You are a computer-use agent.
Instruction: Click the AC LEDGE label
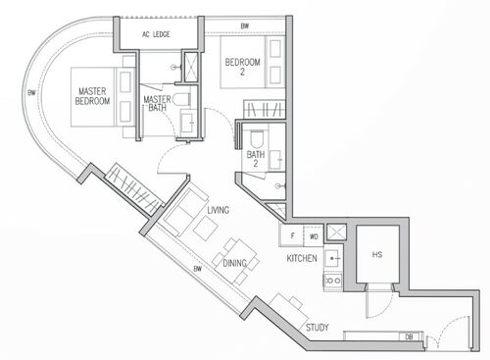click(156, 34)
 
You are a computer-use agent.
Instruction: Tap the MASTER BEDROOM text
click(92, 96)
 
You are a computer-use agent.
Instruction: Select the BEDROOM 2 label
click(243, 67)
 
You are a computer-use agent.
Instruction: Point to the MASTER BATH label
click(157, 103)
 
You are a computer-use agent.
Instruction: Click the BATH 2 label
click(256, 159)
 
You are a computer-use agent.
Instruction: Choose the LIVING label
click(219, 210)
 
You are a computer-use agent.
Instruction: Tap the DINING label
click(234, 263)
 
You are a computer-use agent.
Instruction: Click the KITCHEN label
click(302, 258)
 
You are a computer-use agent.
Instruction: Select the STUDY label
click(318, 328)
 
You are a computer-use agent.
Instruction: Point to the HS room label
click(377, 254)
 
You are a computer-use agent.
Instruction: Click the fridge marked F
click(292, 235)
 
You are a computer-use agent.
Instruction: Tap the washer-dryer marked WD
click(314, 235)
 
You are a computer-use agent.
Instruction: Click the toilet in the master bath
click(182, 99)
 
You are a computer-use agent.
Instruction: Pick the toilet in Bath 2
click(257, 138)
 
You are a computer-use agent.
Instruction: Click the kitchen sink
click(333, 258)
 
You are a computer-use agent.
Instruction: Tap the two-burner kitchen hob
click(333, 281)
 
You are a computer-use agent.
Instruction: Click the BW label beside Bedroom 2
click(245, 26)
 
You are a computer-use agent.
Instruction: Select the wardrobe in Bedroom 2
click(265, 109)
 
